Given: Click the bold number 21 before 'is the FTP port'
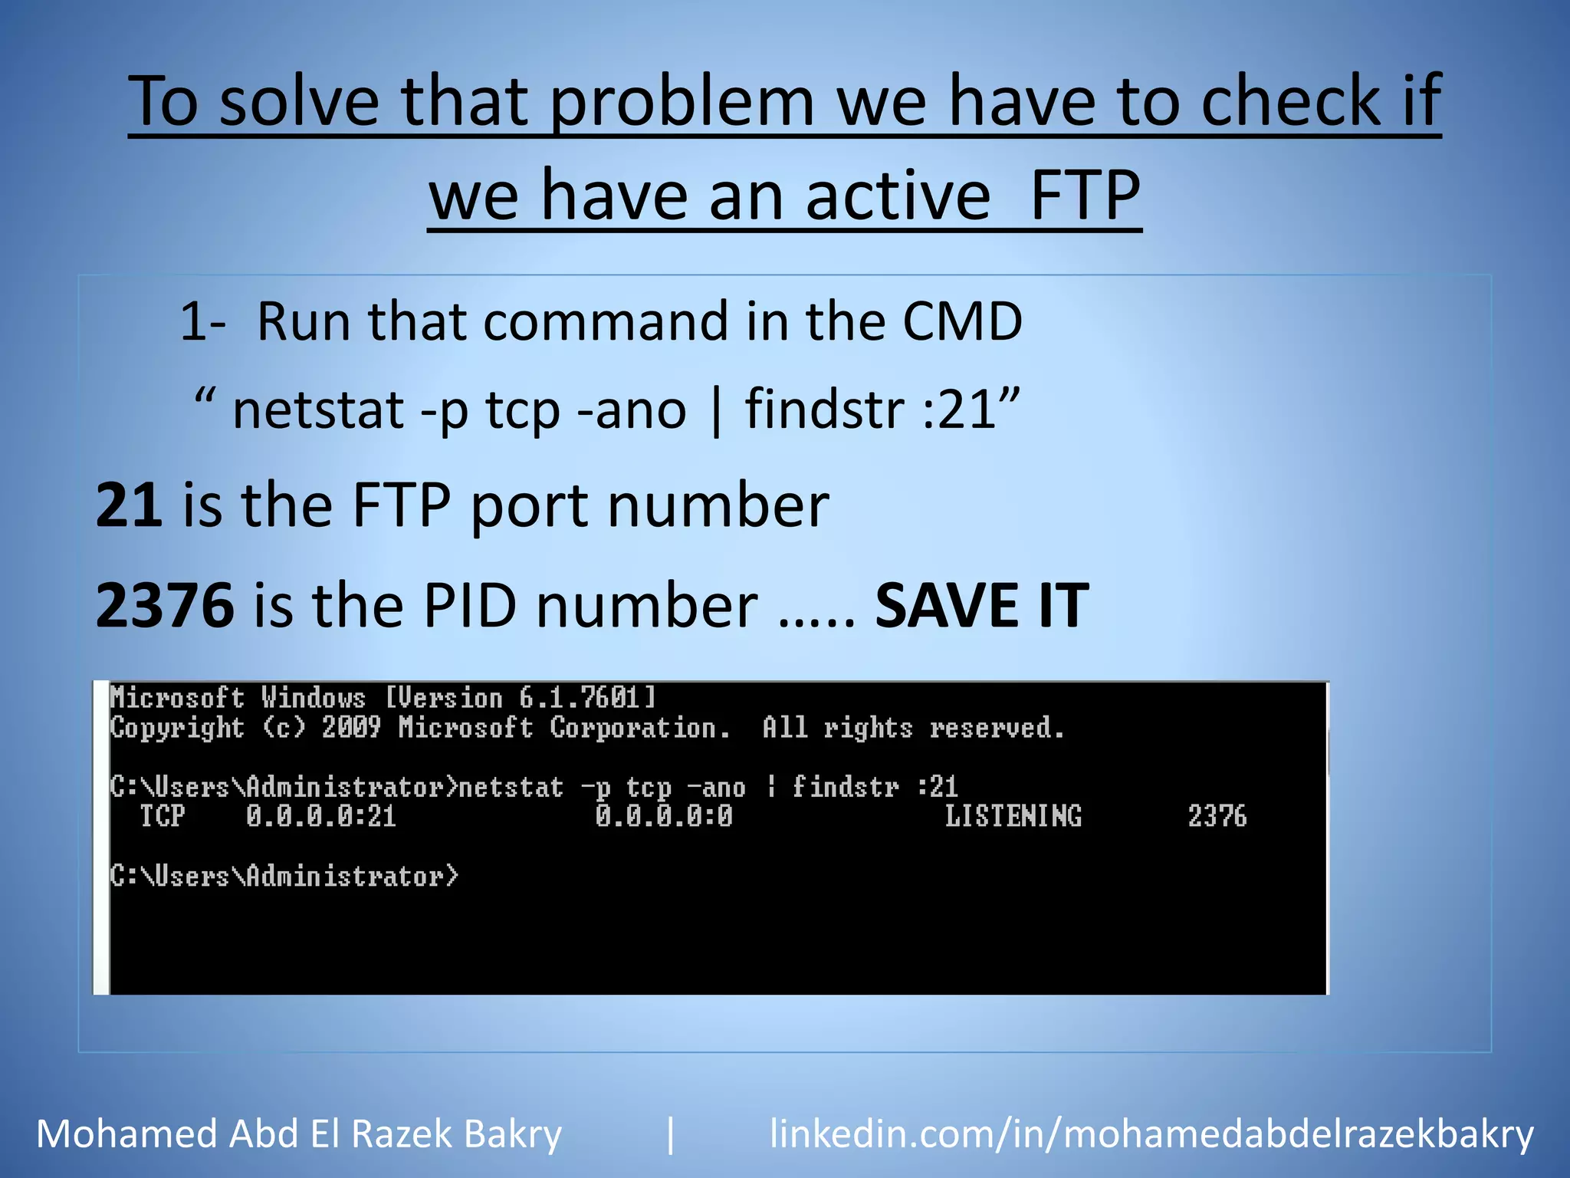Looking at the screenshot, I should (129, 505).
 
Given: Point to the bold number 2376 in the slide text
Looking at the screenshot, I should (165, 605).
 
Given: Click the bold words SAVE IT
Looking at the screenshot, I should (981, 605).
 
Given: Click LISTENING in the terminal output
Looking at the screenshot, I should (1013, 816).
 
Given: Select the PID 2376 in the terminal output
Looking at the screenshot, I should (1217, 816).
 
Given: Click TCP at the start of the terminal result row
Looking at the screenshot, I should (163, 816).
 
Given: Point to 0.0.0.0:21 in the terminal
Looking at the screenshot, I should (320, 816).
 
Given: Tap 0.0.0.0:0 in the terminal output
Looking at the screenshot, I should (663, 816).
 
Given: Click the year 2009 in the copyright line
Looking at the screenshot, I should (351, 727).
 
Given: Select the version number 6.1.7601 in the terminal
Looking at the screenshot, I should (579, 698).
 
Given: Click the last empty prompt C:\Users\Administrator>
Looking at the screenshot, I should (284, 876).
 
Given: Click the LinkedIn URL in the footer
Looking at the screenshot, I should (1151, 1134).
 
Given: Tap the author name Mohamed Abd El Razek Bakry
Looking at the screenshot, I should (299, 1134).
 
